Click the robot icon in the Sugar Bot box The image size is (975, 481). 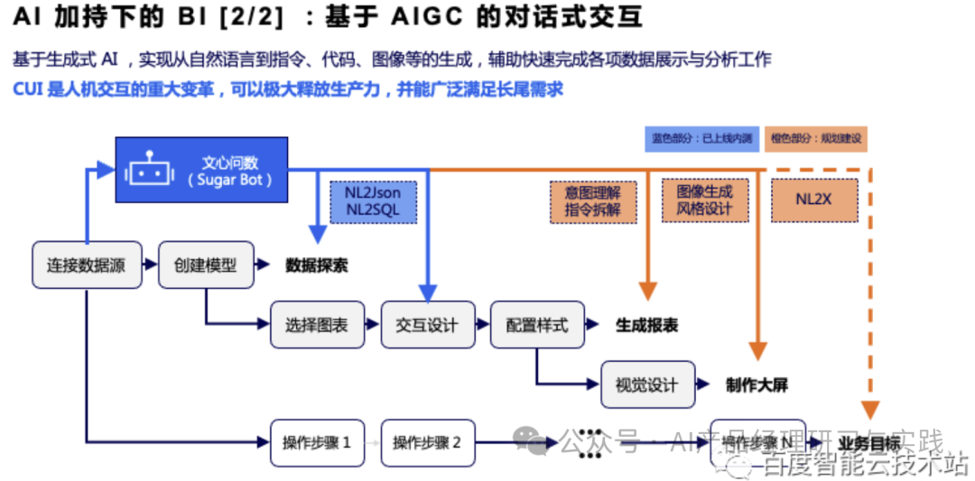click(150, 170)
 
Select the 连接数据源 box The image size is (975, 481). click(87, 265)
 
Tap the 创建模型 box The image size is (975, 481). click(205, 265)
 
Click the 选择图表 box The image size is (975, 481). click(317, 325)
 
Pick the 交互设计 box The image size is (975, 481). click(426, 325)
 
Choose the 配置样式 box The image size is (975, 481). click(537, 325)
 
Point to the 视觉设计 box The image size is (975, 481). click(647, 384)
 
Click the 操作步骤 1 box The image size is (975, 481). click(317, 443)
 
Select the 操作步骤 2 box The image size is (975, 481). click(427, 443)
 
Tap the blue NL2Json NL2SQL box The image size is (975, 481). click(372, 201)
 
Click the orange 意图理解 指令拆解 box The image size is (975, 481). click(592, 202)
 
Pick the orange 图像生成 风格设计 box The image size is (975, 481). click(704, 200)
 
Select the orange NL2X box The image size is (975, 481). click(813, 200)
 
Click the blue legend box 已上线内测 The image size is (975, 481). click(701, 139)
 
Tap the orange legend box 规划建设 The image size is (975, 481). click(816, 139)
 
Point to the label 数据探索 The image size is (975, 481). click(317, 266)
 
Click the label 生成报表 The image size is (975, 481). click(646, 326)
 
